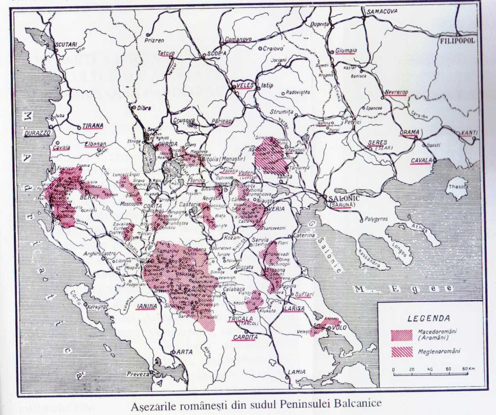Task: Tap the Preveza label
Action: pyautogui.click(x=138, y=373)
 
